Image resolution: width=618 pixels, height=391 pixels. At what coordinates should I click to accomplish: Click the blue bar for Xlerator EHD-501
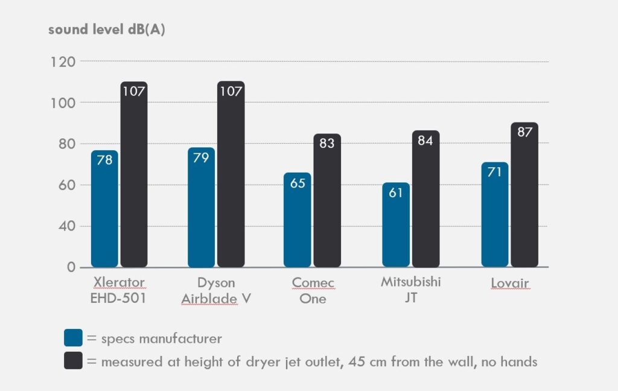pyautogui.click(x=104, y=211)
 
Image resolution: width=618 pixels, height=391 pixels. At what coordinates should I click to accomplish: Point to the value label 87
pyautogui.click(x=524, y=132)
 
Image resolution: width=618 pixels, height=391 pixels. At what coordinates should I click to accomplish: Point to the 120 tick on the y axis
pyautogui.click(x=63, y=62)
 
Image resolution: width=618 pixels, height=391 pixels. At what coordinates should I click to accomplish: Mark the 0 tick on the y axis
pyautogui.click(x=71, y=267)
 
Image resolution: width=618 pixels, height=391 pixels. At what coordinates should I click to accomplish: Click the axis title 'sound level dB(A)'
pyautogui.click(x=107, y=30)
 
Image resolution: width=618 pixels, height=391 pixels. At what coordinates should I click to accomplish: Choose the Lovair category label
pyautogui.click(x=509, y=282)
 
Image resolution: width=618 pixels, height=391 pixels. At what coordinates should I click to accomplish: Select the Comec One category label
pyautogui.click(x=313, y=290)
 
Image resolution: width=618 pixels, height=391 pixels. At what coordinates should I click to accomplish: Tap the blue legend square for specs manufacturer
pyautogui.click(x=73, y=338)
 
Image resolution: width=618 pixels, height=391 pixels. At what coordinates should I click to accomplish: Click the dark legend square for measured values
pyautogui.click(x=73, y=361)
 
